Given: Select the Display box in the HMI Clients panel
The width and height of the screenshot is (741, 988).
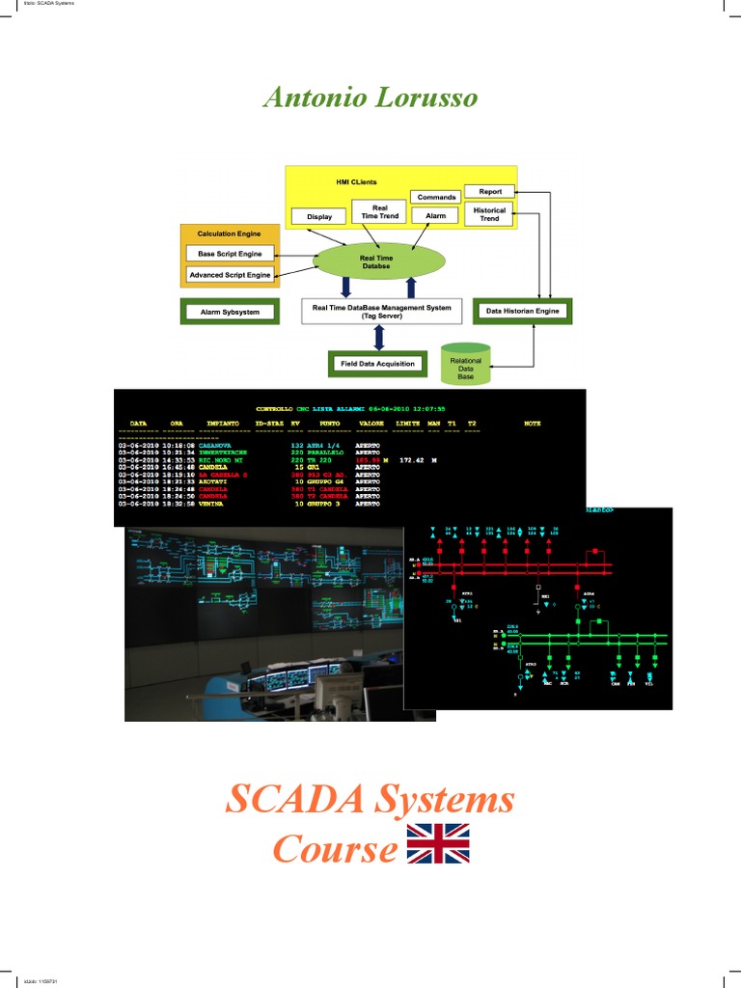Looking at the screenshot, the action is (x=319, y=217).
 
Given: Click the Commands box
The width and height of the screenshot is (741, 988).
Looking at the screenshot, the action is (x=436, y=197).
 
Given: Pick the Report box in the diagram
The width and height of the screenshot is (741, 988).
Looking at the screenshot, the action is (x=490, y=191).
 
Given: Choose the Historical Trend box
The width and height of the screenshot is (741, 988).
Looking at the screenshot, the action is (x=490, y=214).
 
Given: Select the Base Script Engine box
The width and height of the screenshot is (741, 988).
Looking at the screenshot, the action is (x=230, y=254).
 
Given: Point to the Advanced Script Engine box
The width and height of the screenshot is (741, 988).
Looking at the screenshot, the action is (x=230, y=275).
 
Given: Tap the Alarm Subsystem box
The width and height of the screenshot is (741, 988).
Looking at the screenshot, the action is (x=230, y=313).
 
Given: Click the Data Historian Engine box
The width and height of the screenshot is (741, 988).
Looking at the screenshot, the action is (x=522, y=312).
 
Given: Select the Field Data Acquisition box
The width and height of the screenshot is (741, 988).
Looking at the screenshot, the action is (x=377, y=364).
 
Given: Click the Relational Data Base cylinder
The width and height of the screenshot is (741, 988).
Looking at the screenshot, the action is (x=466, y=368).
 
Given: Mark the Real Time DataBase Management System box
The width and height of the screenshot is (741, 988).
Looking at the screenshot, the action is (x=382, y=312).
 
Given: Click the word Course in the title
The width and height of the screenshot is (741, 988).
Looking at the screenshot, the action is (x=335, y=848).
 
